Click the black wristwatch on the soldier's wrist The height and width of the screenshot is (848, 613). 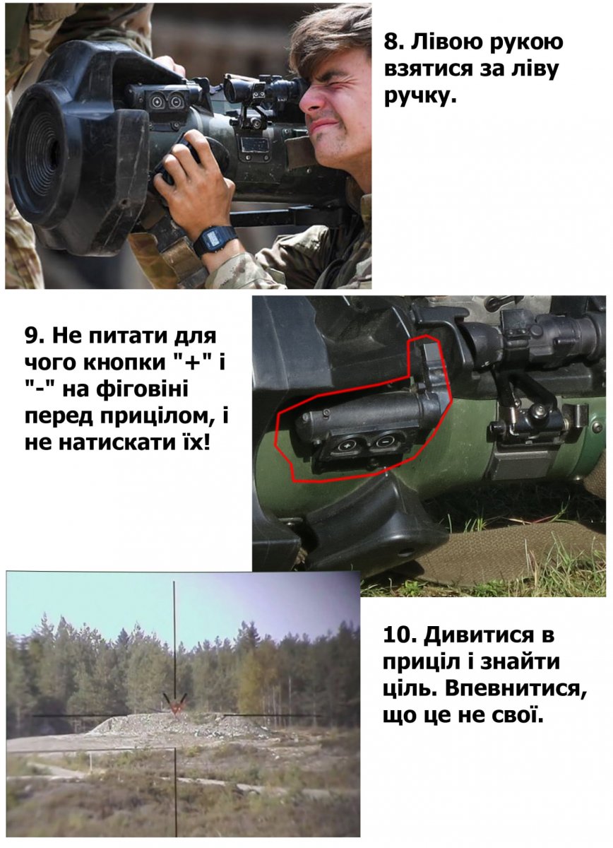click(x=215, y=240)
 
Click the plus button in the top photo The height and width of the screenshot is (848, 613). click(x=155, y=102)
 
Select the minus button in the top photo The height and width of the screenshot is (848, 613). click(x=175, y=101)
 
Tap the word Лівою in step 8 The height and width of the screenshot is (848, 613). click(x=447, y=42)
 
